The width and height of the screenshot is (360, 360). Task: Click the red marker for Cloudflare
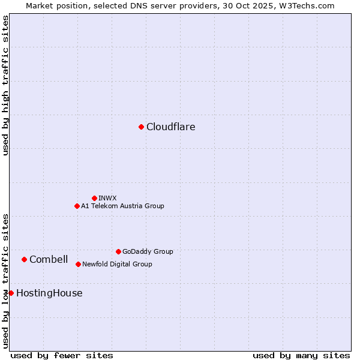click(141, 127)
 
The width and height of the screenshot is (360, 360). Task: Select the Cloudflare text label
click(171, 127)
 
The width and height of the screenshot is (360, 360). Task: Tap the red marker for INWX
click(94, 198)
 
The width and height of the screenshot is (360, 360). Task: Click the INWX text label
click(107, 198)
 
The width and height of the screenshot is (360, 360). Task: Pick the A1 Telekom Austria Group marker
click(77, 206)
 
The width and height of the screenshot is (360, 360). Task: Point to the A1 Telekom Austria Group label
click(122, 206)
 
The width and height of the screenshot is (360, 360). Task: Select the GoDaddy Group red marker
click(118, 251)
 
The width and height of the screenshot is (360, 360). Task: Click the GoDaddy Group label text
click(148, 251)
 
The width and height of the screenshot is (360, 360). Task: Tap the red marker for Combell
click(24, 259)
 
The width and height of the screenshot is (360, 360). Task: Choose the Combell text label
click(49, 259)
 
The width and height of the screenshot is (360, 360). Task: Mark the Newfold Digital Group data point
click(78, 264)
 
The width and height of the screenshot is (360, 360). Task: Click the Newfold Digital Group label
click(117, 264)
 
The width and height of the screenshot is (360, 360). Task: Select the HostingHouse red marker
click(11, 293)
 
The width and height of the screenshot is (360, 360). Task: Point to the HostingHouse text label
click(49, 293)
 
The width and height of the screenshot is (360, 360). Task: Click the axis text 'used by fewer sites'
click(62, 355)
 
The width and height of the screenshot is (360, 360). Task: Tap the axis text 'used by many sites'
click(301, 355)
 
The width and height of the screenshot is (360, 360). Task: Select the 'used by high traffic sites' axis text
click(5, 85)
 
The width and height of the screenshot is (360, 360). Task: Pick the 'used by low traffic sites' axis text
click(5, 281)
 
